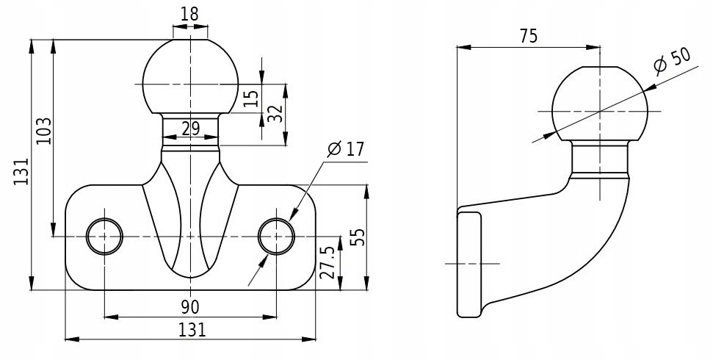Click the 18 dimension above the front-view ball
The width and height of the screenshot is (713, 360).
click(x=190, y=12)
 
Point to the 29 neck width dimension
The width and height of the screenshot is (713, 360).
click(x=190, y=129)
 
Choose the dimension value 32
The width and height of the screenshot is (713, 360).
click(x=275, y=113)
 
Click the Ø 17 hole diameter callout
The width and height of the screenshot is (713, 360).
click(x=345, y=149)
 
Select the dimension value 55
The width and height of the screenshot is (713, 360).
click(x=357, y=237)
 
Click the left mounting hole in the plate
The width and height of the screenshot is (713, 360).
click(x=104, y=236)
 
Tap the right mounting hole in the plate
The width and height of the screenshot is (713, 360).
click(x=277, y=236)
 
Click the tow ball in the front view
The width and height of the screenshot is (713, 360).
click(x=190, y=77)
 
